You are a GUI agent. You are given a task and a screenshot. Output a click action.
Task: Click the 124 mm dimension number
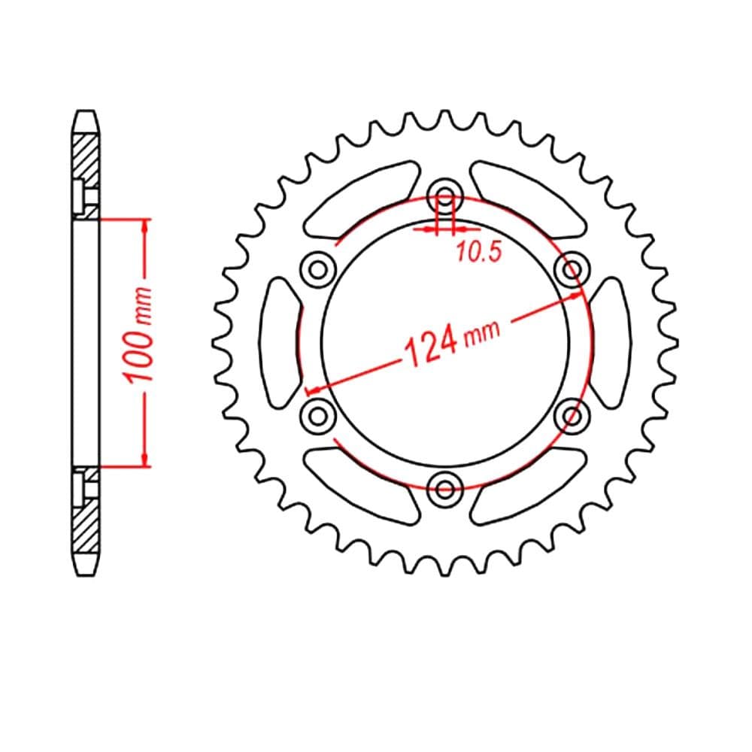[432, 344]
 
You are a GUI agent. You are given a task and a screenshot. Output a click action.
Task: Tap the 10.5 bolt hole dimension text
[479, 252]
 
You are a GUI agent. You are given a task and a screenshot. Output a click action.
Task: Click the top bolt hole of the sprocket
[445, 196]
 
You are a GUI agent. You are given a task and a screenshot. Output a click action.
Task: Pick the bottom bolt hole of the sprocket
[445, 490]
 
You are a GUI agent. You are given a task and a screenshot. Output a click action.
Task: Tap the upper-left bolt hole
[317, 269]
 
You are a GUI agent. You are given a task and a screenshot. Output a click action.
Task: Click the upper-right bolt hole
[572, 269]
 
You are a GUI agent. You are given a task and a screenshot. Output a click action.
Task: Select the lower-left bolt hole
[317, 417]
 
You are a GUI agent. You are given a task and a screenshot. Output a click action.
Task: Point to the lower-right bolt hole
[572, 417]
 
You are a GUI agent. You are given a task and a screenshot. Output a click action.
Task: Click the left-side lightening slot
[280, 343]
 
